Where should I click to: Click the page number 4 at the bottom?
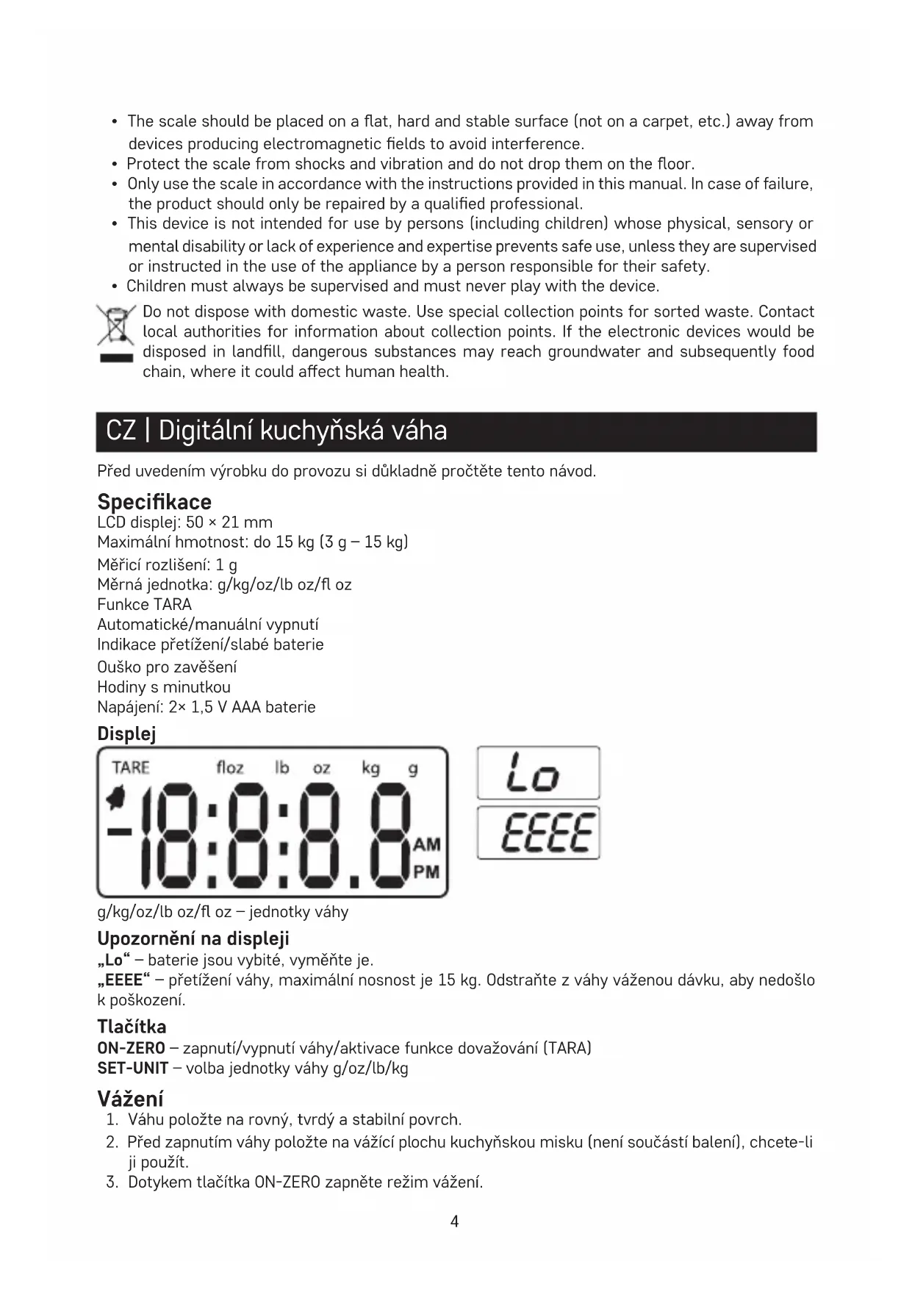point(454,1221)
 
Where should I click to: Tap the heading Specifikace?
point(154,502)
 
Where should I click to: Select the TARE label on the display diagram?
point(131,768)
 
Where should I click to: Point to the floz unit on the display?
point(230,768)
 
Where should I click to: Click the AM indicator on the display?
point(426,844)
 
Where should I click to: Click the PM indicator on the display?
point(426,872)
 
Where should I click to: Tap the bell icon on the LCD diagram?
point(115,797)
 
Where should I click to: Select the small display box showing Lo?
point(538,773)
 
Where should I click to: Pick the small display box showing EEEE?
point(538,833)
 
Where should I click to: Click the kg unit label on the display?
point(370,768)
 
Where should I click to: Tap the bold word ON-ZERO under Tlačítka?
point(131,1048)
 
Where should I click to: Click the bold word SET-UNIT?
point(132,1068)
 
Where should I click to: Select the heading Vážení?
point(130,1099)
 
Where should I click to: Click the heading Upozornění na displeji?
point(193,938)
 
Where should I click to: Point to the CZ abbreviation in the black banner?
point(121,431)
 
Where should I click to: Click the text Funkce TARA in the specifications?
point(144,605)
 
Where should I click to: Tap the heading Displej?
point(126,733)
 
